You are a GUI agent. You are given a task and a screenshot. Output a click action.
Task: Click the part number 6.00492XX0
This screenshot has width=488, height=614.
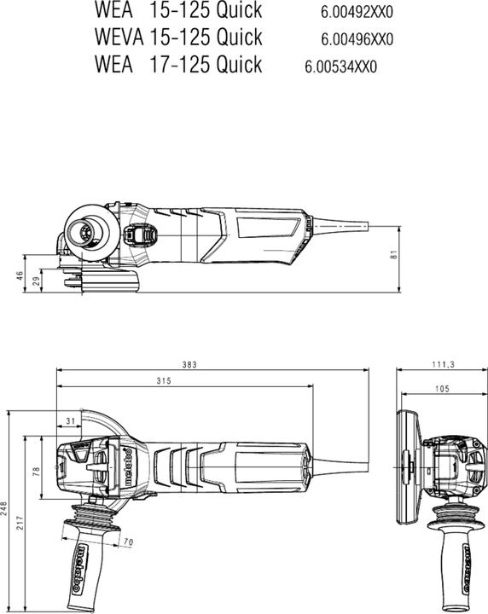[357, 13]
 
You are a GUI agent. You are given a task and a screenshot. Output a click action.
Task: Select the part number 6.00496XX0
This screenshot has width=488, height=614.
[357, 39]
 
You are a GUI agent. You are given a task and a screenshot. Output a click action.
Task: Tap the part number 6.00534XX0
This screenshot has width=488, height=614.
[340, 67]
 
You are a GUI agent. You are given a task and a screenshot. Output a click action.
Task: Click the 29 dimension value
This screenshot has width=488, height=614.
[36, 281]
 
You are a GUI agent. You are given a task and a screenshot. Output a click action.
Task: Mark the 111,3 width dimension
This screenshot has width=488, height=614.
[442, 364]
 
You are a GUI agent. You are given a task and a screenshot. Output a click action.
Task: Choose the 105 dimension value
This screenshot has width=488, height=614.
[442, 389]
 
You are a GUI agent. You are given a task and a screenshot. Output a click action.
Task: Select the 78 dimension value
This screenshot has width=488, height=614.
[36, 470]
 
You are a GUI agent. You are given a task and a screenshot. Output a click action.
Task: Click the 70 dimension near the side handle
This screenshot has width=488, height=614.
[128, 542]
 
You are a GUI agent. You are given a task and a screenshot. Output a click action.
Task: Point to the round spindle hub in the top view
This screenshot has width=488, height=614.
[86, 231]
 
